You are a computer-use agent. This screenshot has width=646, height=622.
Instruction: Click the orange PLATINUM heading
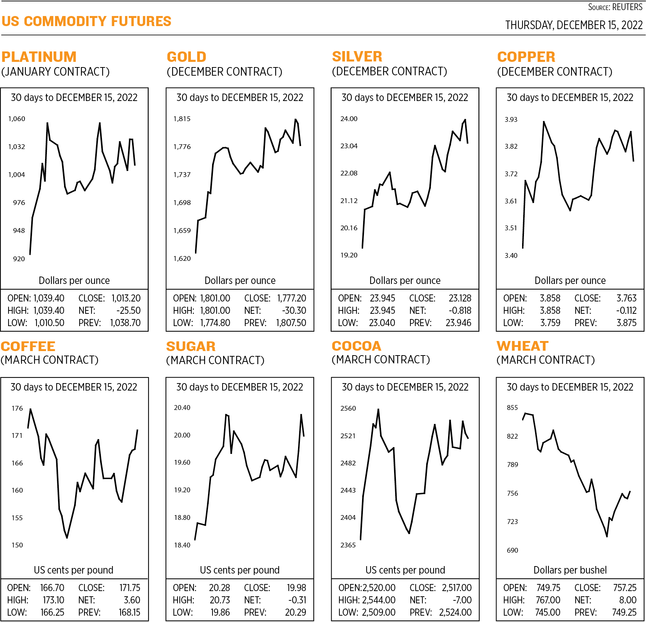39,57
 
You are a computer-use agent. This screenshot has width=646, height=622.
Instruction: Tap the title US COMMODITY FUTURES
86,21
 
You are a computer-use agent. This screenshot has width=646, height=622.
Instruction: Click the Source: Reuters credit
615,7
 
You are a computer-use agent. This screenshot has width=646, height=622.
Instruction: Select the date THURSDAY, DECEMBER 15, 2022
573,25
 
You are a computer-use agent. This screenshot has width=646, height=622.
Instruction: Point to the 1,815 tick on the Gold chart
182,119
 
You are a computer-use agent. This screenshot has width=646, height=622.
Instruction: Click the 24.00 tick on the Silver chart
349,119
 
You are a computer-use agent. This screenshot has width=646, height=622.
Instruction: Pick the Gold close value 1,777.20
291,298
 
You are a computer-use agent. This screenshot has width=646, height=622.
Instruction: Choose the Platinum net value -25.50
128,310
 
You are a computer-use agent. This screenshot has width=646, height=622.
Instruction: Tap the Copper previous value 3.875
626,323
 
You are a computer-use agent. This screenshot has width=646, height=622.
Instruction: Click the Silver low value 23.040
382,323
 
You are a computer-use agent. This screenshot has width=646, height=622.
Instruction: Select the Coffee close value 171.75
129,588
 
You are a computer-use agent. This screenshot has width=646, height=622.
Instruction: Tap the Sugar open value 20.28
219,588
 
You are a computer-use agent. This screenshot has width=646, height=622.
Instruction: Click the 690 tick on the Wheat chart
512,550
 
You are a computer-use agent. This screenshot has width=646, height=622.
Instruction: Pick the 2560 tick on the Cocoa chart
348,408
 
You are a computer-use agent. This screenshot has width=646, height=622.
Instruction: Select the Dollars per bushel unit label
570,570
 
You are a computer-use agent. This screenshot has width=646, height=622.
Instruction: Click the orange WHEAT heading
522,346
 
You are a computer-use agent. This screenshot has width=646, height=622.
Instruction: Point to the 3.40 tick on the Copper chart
511,256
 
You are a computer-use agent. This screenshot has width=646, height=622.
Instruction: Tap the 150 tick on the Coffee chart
17,545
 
